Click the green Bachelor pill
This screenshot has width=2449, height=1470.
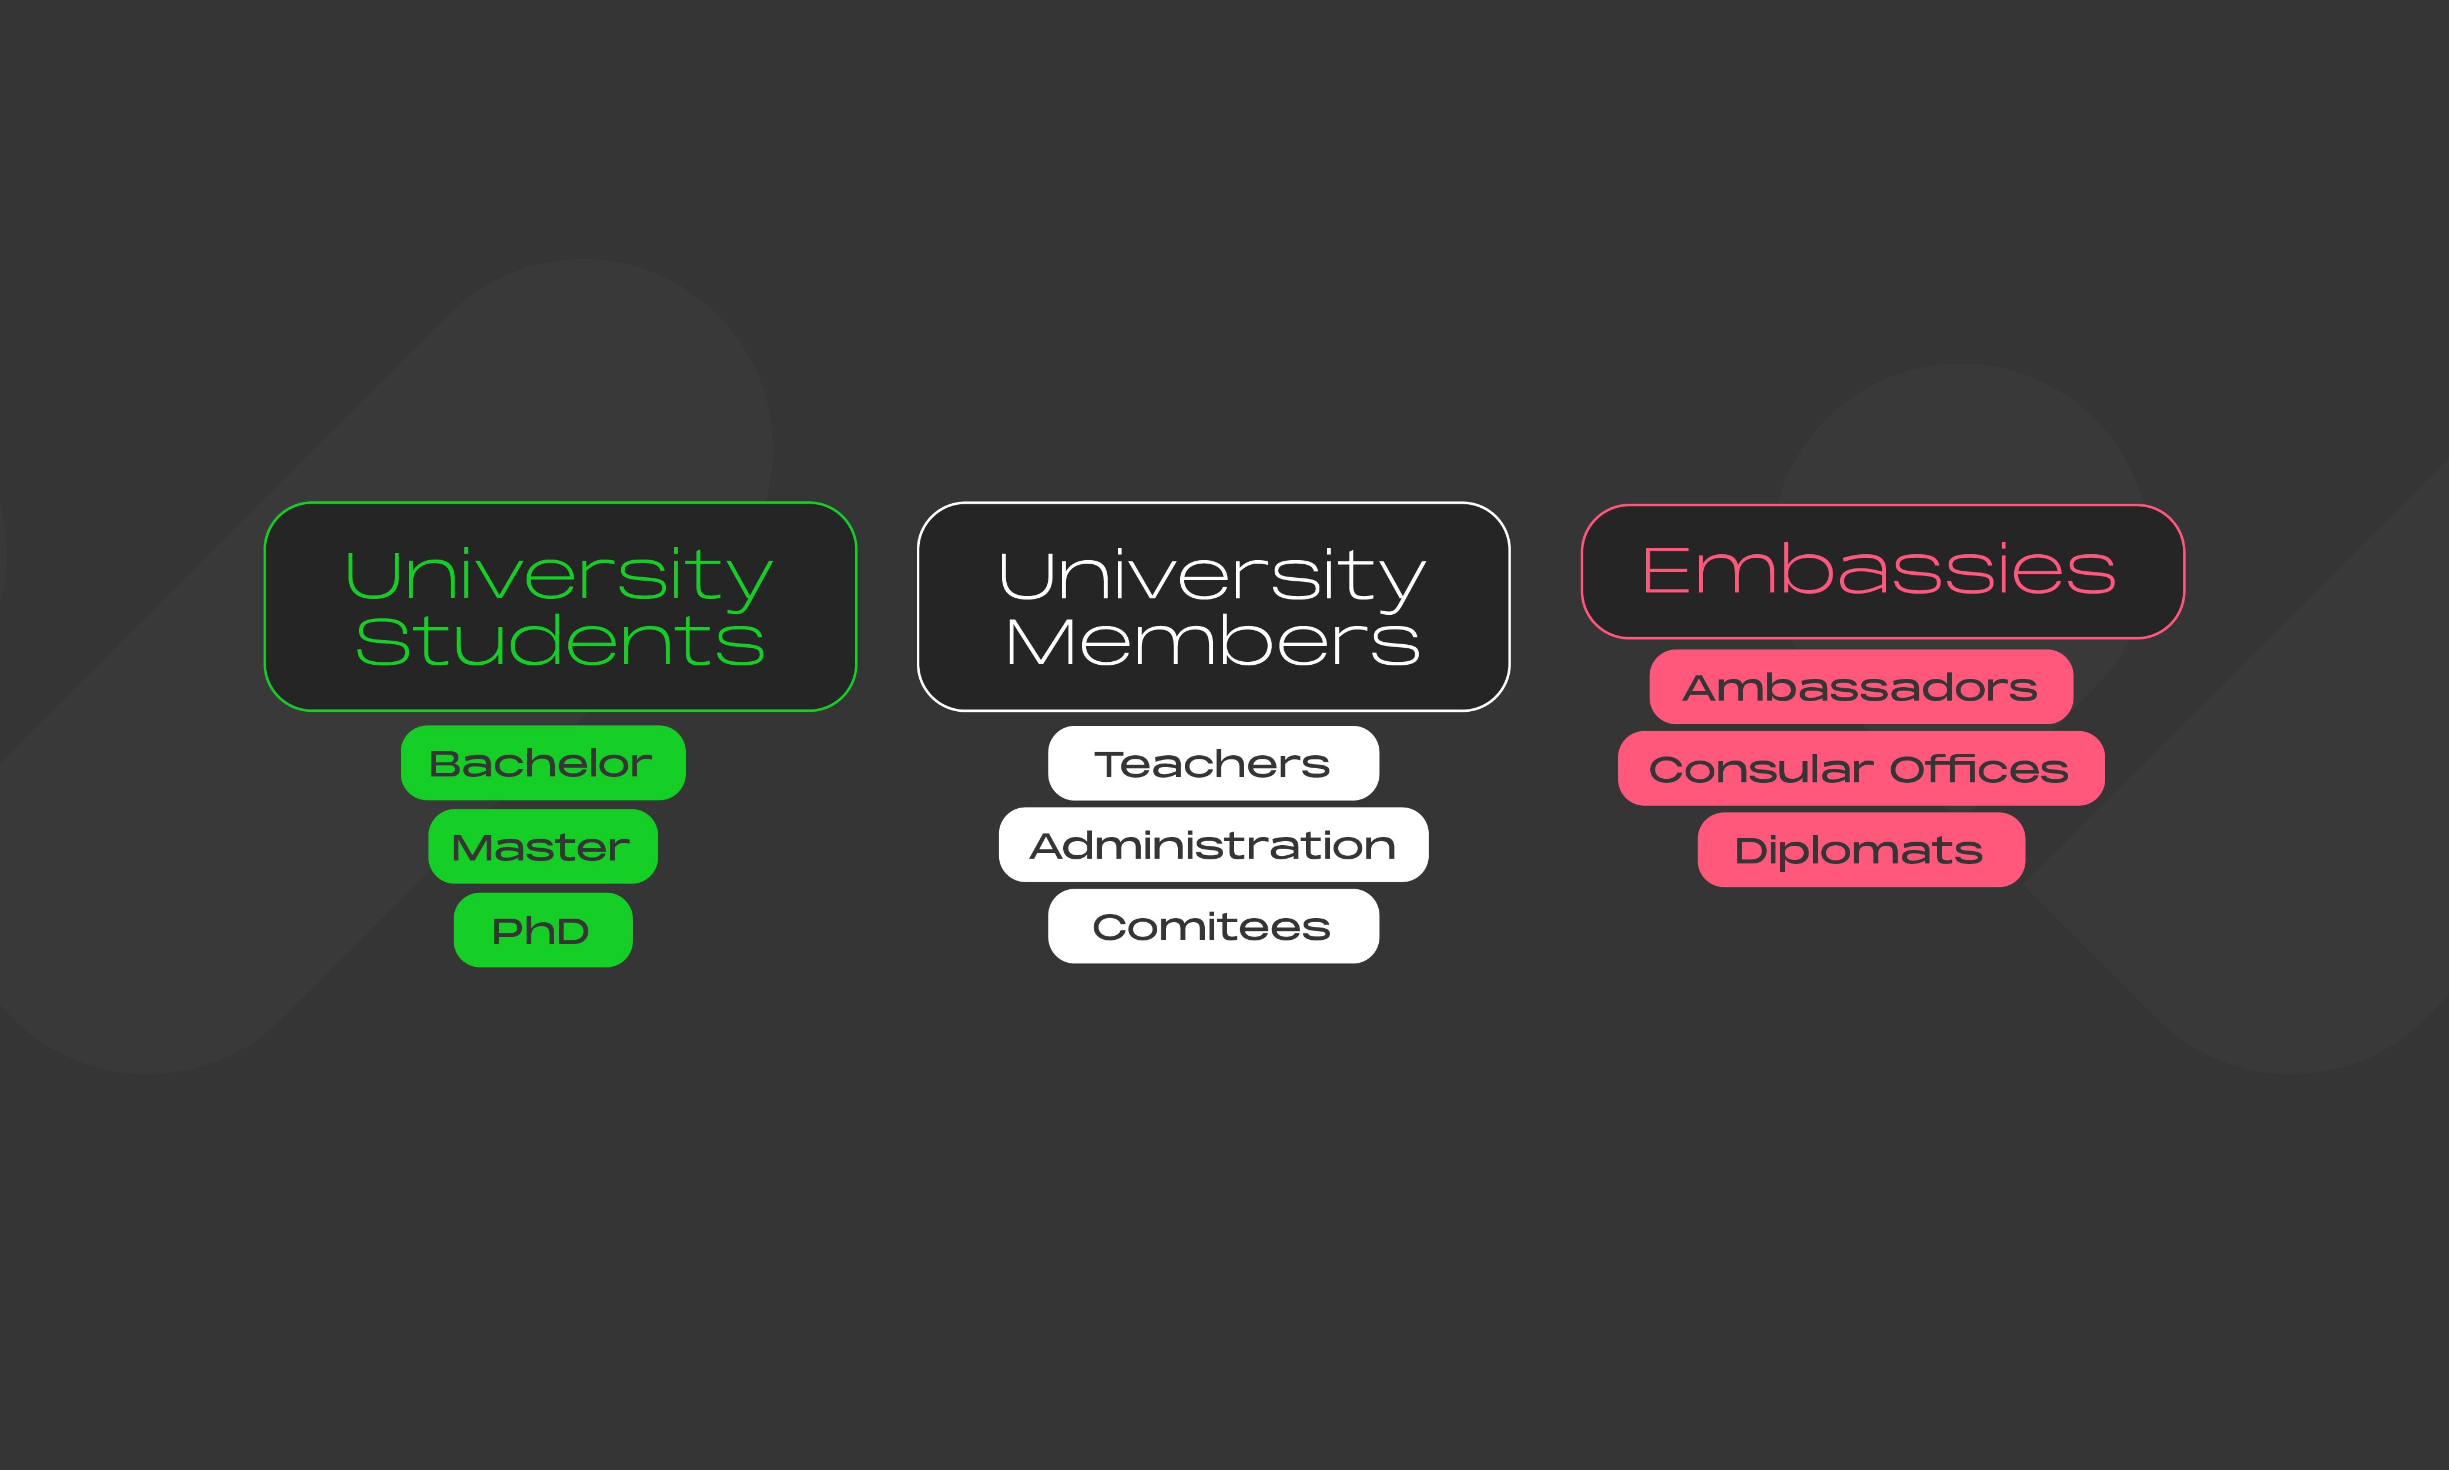(542, 763)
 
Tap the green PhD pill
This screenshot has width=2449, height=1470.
(542, 930)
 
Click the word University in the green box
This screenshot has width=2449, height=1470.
(558, 577)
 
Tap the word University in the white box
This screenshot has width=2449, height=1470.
(1212, 577)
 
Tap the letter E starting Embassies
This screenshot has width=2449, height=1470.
(1664, 571)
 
